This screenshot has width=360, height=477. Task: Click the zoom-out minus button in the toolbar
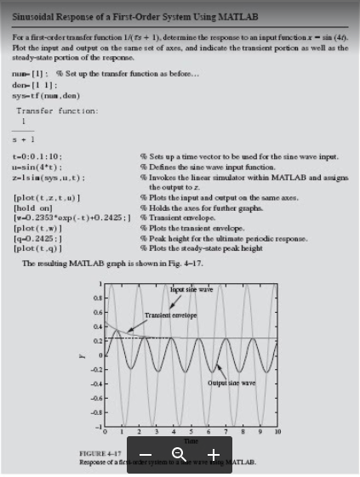[x=146, y=455]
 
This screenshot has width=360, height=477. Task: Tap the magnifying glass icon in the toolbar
[x=179, y=455]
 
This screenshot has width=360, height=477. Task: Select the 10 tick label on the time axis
[x=277, y=433]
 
